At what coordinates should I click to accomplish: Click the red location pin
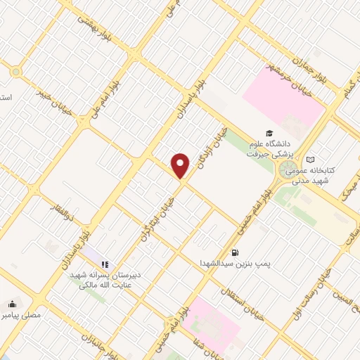(x=181, y=166)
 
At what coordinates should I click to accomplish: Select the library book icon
(x=311, y=160)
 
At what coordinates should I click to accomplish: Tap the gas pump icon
(x=234, y=252)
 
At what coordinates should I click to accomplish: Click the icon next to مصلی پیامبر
(x=12, y=304)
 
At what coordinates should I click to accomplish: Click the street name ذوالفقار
(x=61, y=205)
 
